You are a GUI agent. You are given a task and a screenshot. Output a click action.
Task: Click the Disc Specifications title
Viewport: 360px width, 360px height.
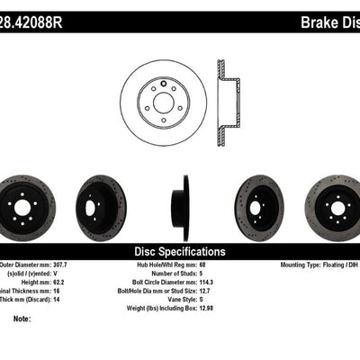pos(179,251)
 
